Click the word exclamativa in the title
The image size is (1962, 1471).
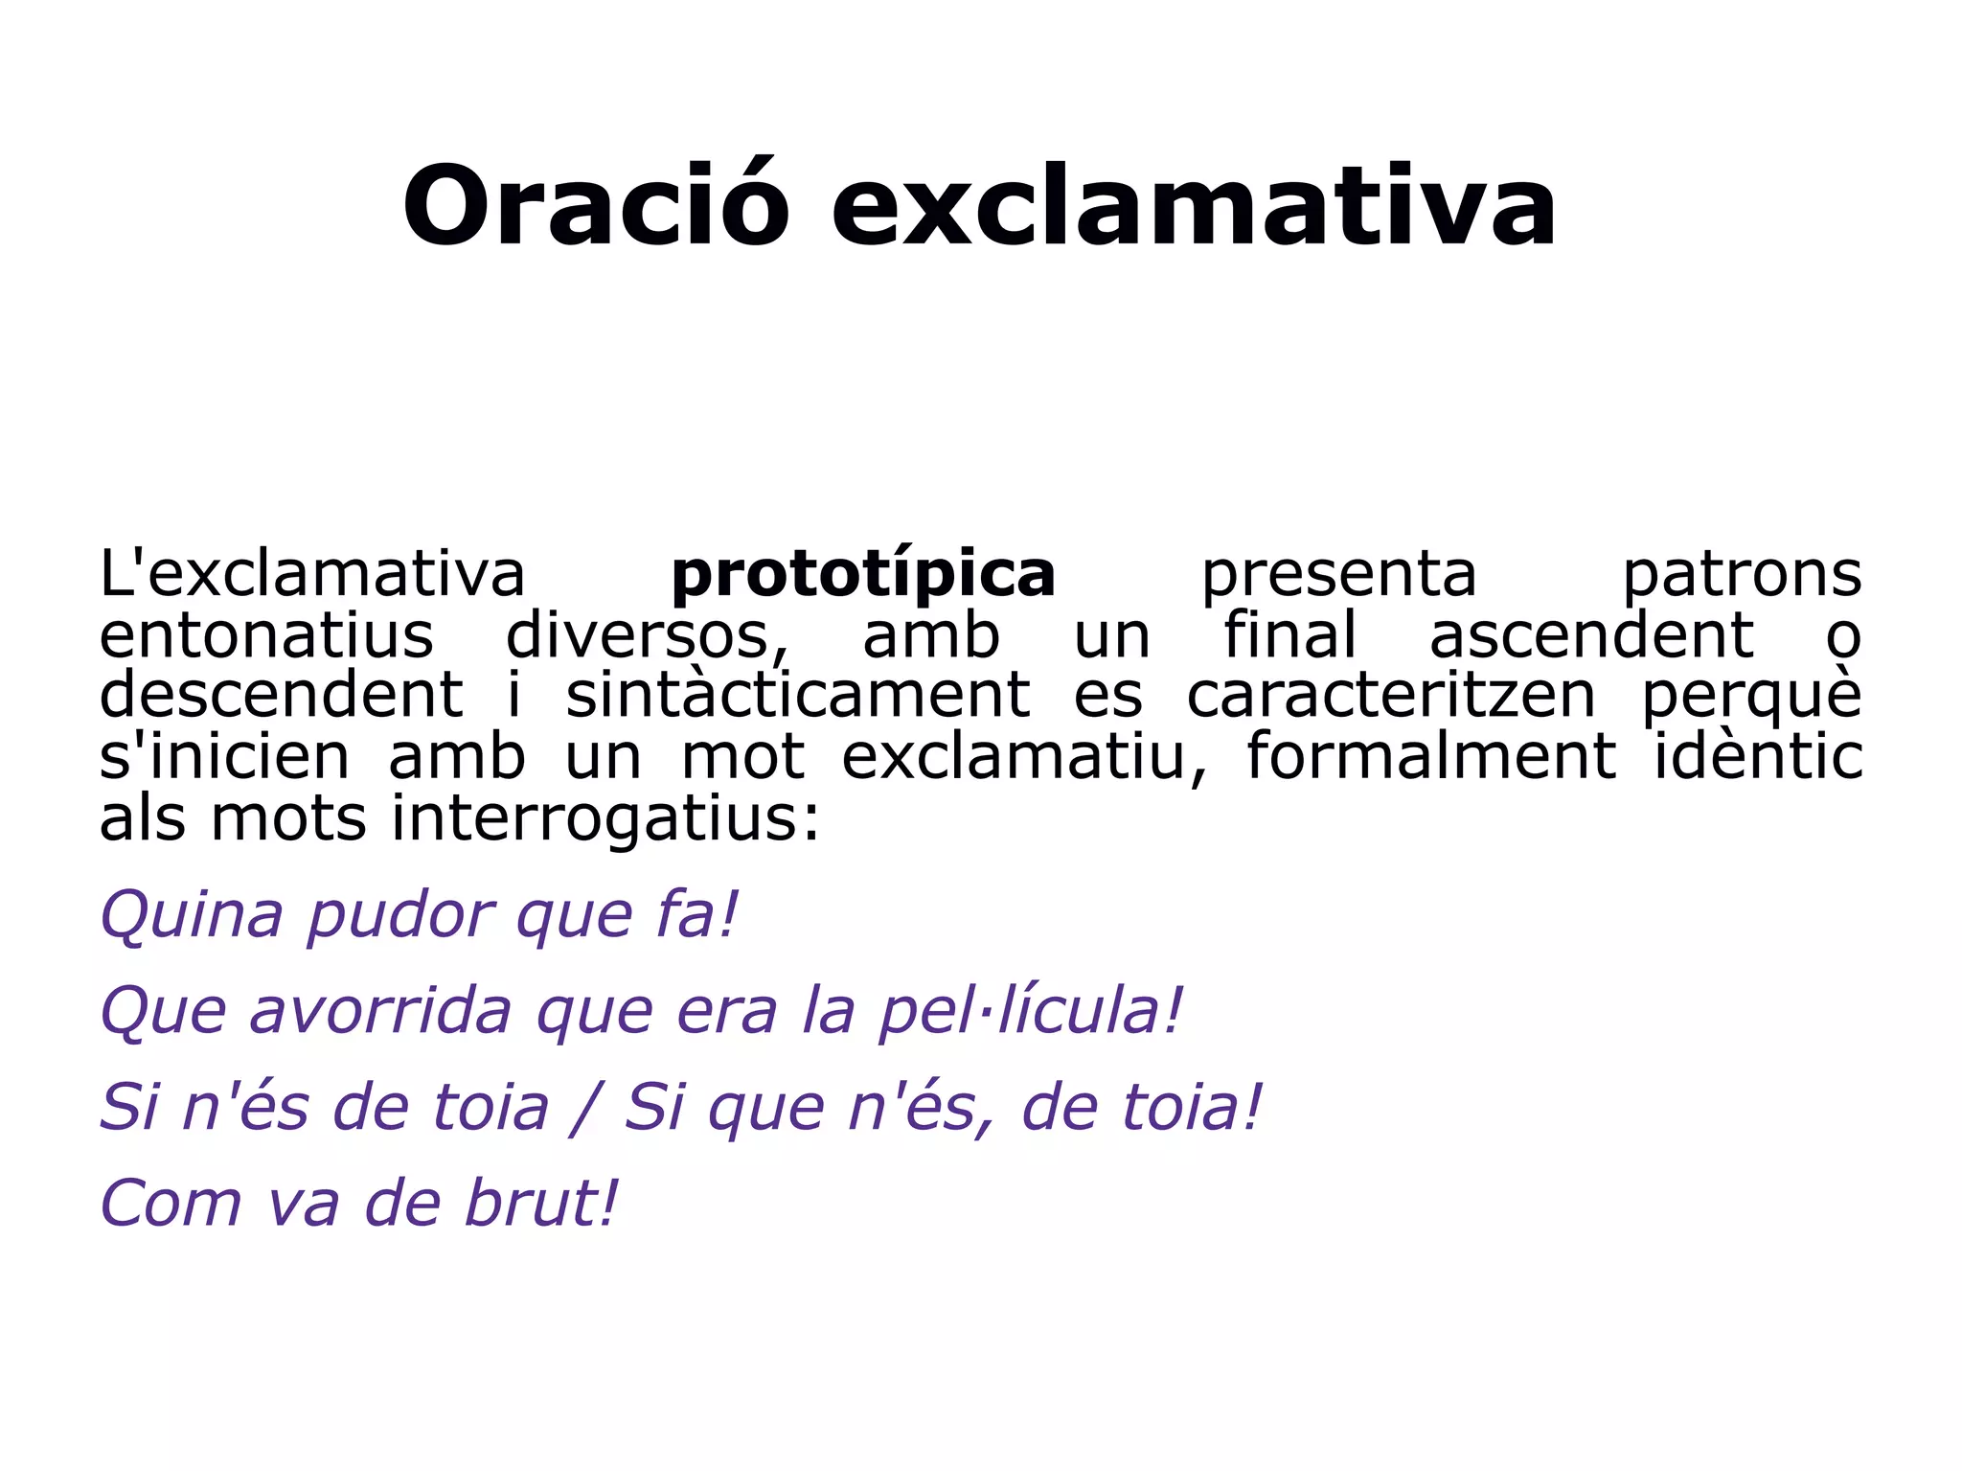pyautogui.click(x=1193, y=206)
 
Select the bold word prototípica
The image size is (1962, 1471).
pyautogui.click(x=863, y=575)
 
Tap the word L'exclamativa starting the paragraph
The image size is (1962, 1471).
pyautogui.click(x=312, y=575)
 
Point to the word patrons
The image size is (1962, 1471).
pyautogui.click(x=1742, y=575)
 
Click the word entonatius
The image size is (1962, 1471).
pyautogui.click(x=266, y=635)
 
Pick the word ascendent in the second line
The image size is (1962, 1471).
pyautogui.click(x=1591, y=635)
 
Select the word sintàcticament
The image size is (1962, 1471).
pyautogui.click(x=797, y=697)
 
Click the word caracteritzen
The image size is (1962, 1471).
pyautogui.click(x=1390, y=697)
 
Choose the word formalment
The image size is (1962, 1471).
pyautogui.click(x=1430, y=757)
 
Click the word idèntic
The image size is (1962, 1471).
pyautogui.click(x=1758, y=757)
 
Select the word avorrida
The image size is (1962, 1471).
pyautogui.click(x=380, y=1012)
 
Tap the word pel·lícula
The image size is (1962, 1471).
pyautogui.click(x=1030, y=1012)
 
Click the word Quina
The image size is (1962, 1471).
pyautogui.click(x=192, y=916)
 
